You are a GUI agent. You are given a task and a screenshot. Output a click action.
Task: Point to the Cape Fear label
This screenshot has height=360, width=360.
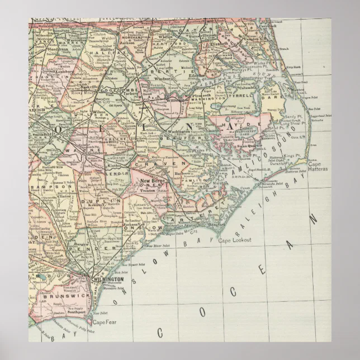[x=102, y=323]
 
